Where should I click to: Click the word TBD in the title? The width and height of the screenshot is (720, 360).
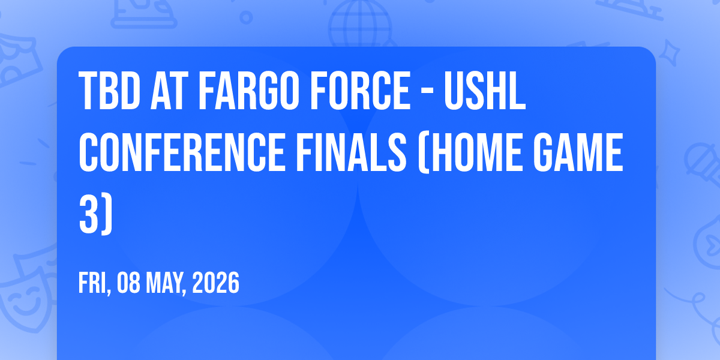[109, 91]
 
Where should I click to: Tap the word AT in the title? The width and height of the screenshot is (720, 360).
[169, 91]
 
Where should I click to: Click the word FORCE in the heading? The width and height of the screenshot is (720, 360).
[360, 91]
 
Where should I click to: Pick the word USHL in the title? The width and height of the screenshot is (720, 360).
[485, 91]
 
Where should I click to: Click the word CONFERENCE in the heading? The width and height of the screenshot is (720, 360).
[182, 152]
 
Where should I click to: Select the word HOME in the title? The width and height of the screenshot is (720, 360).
[479, 152]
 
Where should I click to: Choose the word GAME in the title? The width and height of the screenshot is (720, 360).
[578, 152]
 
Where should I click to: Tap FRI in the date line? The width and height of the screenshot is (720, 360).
[92, 283]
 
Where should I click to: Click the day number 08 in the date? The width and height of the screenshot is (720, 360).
[128, 283]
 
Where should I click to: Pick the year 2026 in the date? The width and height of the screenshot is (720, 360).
[215, 283]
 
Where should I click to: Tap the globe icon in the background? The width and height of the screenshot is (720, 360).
[360, 24]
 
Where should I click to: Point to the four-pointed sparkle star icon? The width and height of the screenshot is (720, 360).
[670, 53]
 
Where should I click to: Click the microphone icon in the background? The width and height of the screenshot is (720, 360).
[703, 164]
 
